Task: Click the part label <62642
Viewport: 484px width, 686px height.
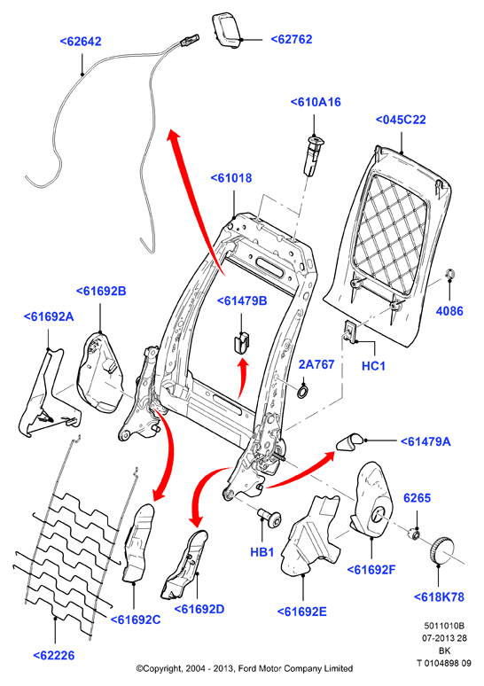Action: [81, 42]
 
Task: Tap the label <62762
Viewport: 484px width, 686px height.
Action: [292, 39]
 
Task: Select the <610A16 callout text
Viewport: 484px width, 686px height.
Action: [316, 102]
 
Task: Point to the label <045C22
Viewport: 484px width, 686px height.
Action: [401, 120]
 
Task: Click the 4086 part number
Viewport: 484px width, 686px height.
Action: [449, 311]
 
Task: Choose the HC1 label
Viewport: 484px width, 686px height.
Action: [373, 366]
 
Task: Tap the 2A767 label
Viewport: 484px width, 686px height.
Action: [316, 364]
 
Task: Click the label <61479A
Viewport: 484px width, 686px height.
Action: [425, 441]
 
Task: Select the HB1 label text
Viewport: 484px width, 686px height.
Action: [262, 552]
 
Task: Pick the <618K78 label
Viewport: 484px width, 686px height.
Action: [439, 596]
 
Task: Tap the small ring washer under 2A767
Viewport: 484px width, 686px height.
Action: [303, 392]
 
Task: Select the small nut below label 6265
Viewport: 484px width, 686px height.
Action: [415, 534]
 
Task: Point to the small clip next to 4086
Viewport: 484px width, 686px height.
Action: [449, 275]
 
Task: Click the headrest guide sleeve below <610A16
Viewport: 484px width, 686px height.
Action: [313, 155]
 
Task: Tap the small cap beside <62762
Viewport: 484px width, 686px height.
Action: [228, 29]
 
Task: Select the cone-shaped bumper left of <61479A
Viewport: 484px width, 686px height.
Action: [349, 442]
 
